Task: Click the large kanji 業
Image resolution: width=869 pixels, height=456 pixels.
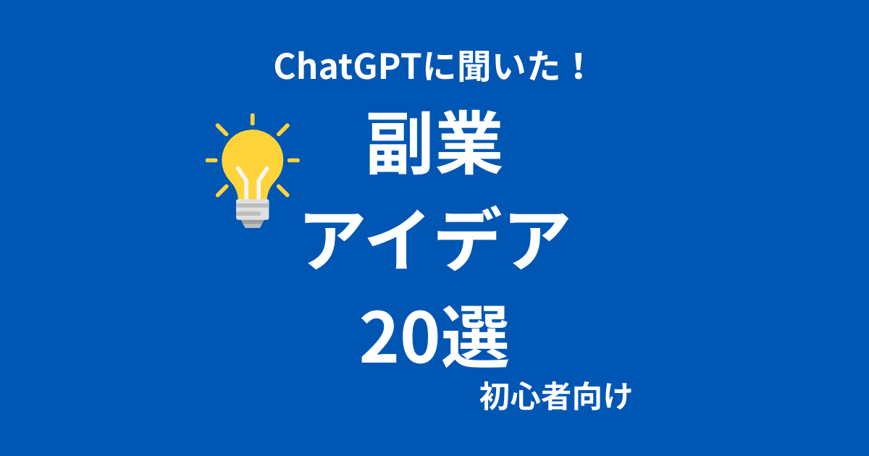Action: click(469, 143)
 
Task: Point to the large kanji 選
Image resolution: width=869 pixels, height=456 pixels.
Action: click(475, 337)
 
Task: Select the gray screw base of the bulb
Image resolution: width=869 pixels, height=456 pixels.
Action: click(253, 214)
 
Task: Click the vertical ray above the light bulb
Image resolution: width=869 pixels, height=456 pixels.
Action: click(253, 119)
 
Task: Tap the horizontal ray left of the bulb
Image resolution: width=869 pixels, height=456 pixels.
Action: click(211, 160)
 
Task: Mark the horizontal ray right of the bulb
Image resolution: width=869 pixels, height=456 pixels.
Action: click(293, 160)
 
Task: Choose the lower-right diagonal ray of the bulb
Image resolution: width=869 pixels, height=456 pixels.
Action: click(283, 190)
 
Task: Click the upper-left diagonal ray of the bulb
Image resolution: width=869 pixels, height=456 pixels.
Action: click(222, 130)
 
